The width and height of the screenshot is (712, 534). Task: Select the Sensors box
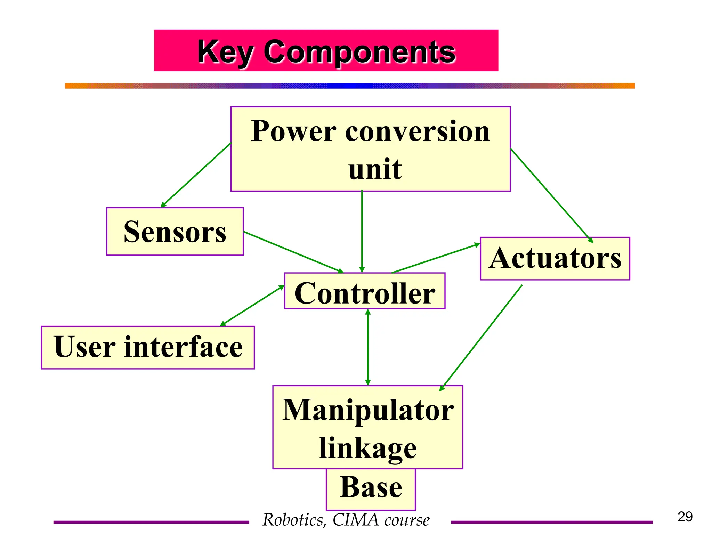tap(175, 232)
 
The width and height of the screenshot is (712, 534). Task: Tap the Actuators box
tap(555, 258)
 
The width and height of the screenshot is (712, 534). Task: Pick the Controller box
tap(365, 291)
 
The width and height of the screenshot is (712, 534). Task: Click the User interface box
tap(148, 347)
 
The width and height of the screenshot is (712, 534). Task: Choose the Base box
tap(371, 488)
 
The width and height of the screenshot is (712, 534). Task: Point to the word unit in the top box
tap(375, 169)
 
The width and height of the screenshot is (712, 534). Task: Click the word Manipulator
tap(368, 410)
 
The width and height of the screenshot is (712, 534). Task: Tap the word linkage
tap(368, 448)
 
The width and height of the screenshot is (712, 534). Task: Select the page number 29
tap(685, 517)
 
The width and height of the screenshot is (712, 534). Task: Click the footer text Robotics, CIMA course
tap(346, 520)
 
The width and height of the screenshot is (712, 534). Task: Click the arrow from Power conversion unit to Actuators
tap(551, 195)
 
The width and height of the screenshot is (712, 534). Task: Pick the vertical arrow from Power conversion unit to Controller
tap(362, 231)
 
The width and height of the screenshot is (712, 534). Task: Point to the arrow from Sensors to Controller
tap(293, 252)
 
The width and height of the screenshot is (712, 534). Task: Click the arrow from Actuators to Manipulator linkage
tap(482, 337)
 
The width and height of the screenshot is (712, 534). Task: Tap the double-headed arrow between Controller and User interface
tap(253, 306)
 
